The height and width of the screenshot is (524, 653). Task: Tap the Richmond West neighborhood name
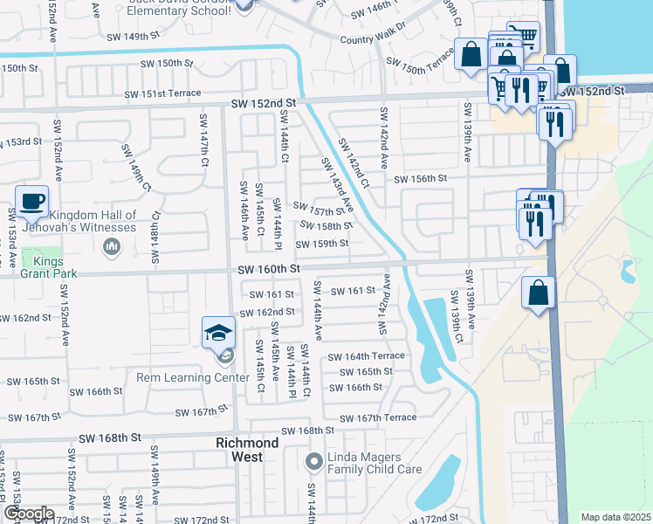pyautogui.click(x=248, y=450)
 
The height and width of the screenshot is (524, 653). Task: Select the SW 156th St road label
pyautogui.click(x=420, y=178)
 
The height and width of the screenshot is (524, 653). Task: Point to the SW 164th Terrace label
pyautogui.click(x=366, y=356)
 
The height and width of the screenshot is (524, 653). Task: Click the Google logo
pyautogui.click(x=29, y=514)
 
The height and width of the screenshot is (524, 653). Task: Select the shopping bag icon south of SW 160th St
pyautogui.click(x=539, y=293)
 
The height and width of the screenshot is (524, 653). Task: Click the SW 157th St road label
pyautogui.click(x=319, y=211)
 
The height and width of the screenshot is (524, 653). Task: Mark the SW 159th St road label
pyautogui.click(x=326, y=244)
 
